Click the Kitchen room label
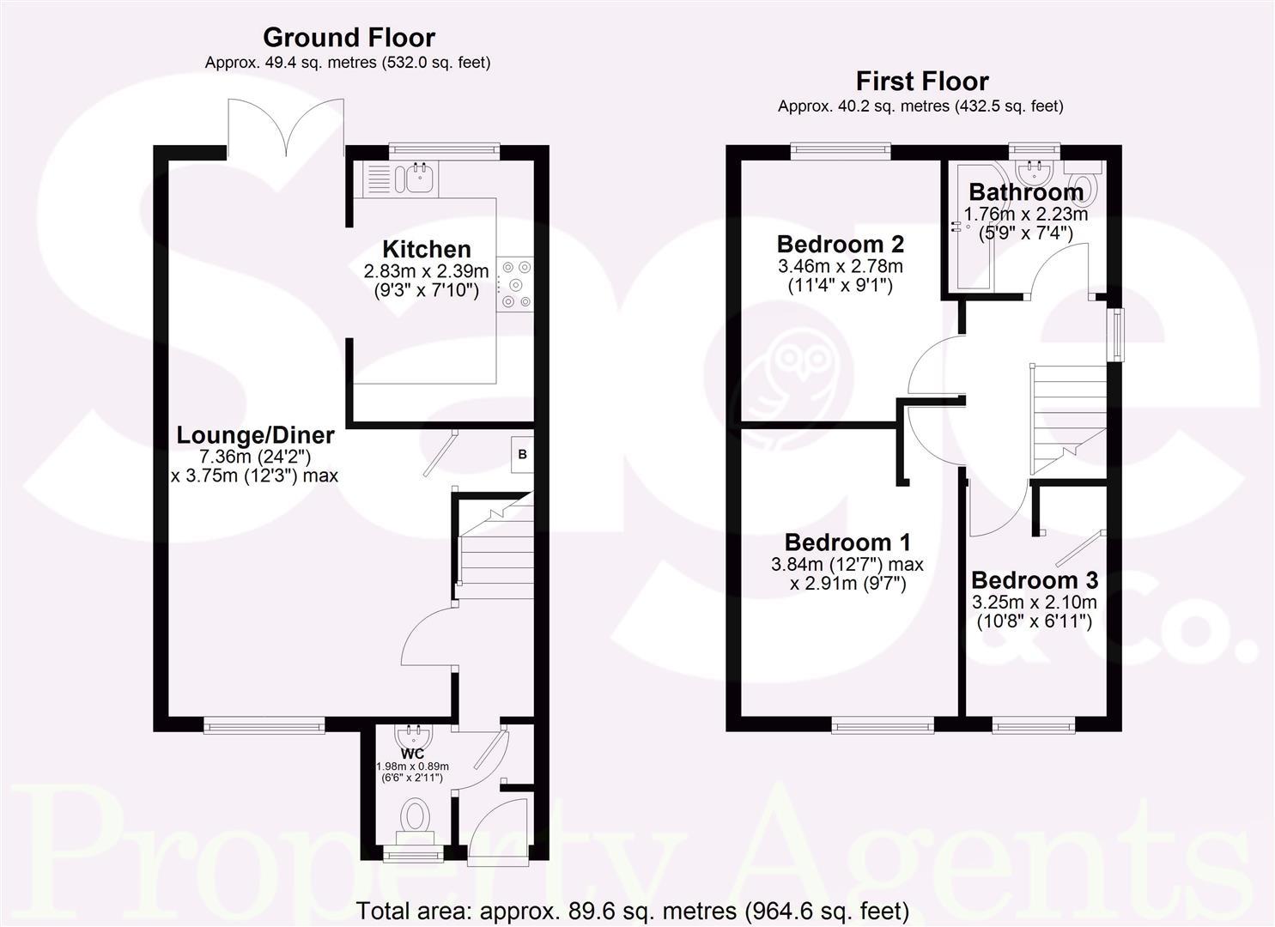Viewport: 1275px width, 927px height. pos(426,250)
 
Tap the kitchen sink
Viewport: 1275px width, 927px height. pos(421,178)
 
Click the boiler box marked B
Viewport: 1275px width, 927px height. pos(522,455)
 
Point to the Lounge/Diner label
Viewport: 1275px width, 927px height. pos(255,435)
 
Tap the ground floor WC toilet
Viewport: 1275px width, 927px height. pos(416,820)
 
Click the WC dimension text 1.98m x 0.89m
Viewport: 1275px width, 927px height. pos(413,766)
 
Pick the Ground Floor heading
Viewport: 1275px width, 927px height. pos(349,38)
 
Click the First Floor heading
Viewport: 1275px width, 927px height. pos(922,82)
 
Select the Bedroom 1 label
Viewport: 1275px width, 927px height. pos(847,542)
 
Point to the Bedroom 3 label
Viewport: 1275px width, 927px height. pos(1035,580)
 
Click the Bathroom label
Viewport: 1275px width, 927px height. pos(1026,192)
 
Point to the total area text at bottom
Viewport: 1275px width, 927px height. pos(632,911)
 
